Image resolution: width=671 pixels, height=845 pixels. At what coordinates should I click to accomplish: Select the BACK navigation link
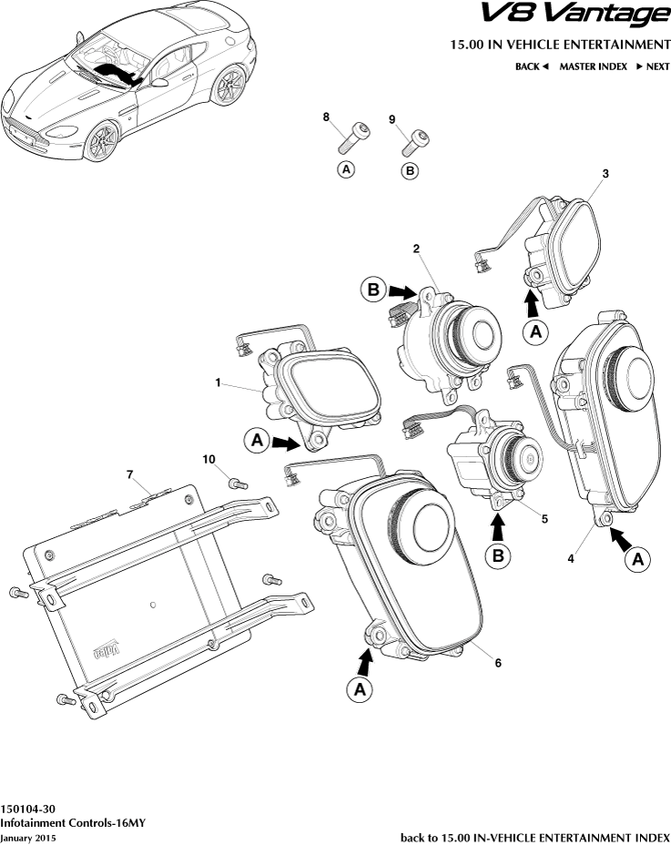[x=532, y=66]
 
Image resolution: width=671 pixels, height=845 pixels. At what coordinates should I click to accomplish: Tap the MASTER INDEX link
[x=593, y=66]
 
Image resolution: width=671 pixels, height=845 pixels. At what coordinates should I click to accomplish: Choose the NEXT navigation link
[x=653, y=66]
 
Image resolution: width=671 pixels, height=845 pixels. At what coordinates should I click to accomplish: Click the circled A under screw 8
[x=346, y=169]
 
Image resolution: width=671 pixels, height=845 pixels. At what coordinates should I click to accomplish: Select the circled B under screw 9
[x=410, y=169]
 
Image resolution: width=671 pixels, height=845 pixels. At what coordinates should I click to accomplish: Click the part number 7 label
[x=130, y=474]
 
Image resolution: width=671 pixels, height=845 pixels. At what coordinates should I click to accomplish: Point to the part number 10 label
[x=208, y=461]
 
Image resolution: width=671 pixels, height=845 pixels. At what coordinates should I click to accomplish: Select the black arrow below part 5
[x=497, y=526]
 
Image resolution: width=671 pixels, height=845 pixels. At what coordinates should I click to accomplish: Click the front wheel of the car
[x=103, y=141]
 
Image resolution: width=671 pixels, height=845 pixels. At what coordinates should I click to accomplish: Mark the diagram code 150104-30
[x=28, y=809]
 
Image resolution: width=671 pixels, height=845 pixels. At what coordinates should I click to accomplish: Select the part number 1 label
[x=219, y=384]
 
